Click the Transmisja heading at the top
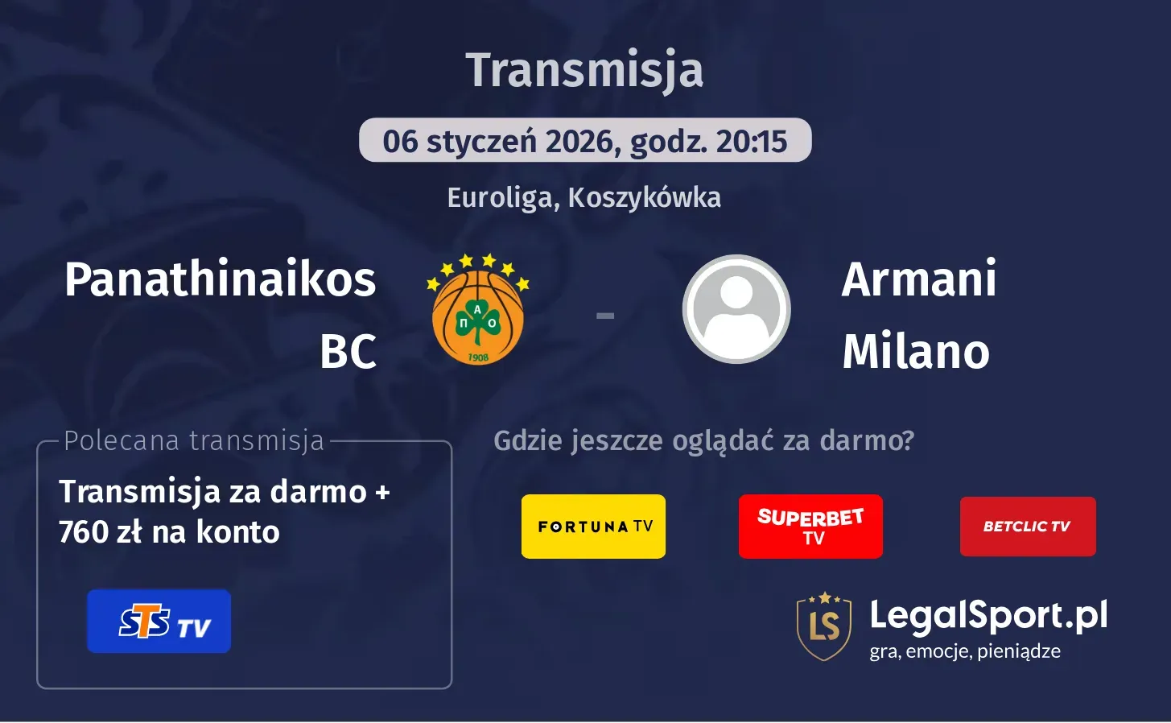tap(584, 71)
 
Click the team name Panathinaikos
tap(220, 279)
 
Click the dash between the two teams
tap(605, 316)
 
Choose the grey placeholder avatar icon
tap(736, 309)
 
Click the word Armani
tap(919, 279)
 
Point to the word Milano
tap(916, 352)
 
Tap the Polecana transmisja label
tap(194, 441)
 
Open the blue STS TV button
tap(159, 622)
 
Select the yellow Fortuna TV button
tap(593, 527)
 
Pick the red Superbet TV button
tap(810, 527)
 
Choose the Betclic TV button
tap(1028, 527)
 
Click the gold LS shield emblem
tap(824, 626)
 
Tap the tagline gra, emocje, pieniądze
tap(965, 651)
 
